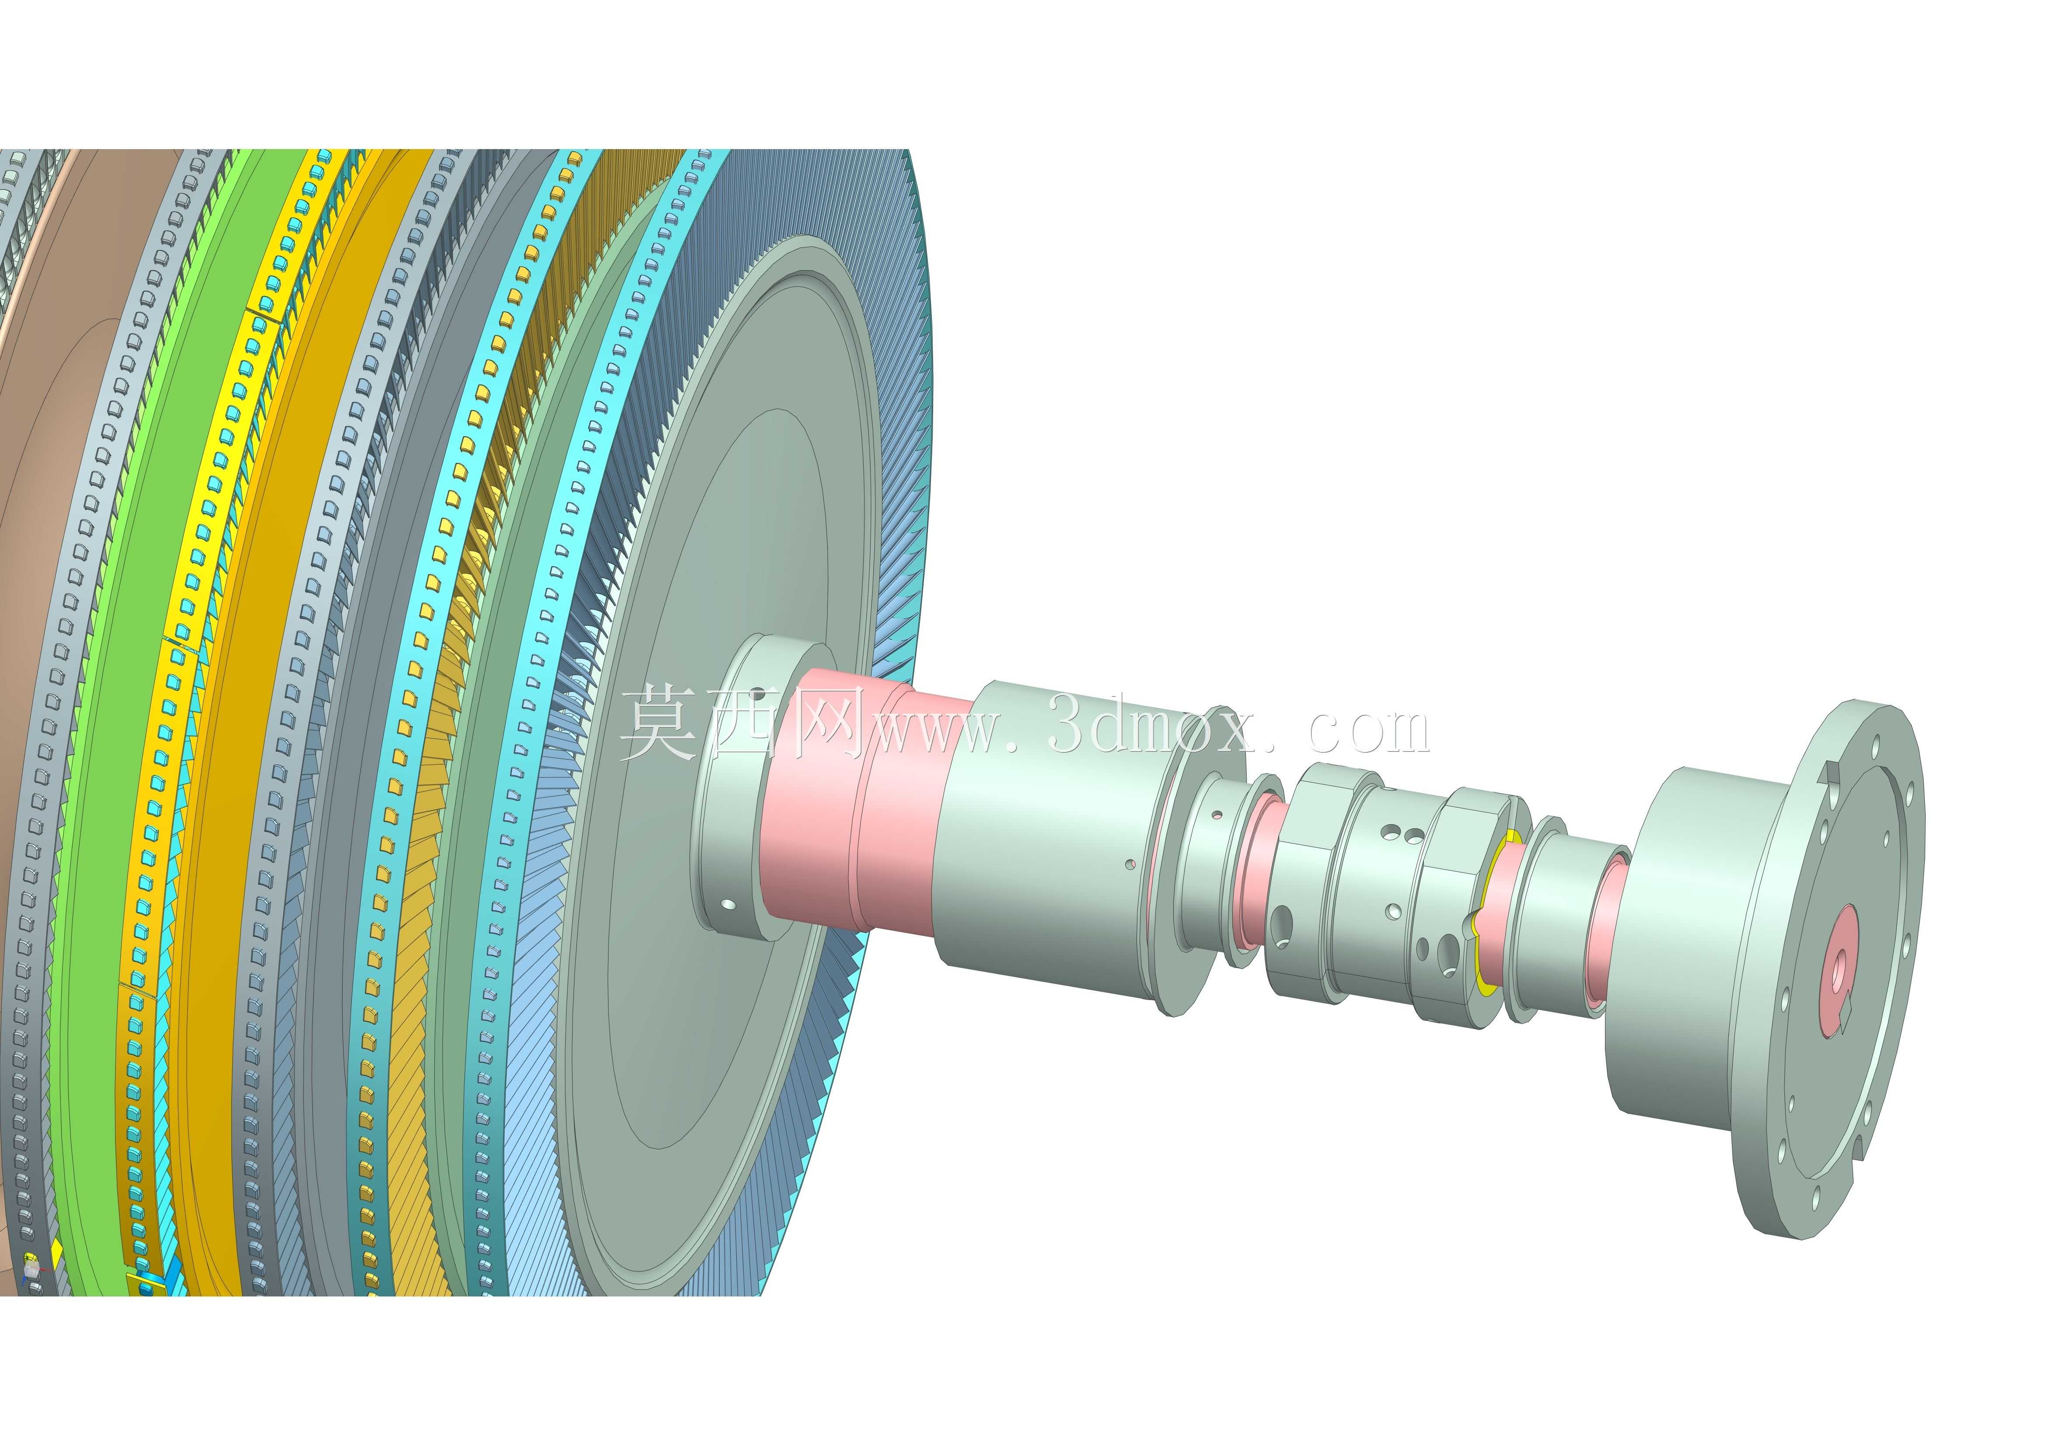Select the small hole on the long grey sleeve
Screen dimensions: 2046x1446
coord(1130,863)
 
